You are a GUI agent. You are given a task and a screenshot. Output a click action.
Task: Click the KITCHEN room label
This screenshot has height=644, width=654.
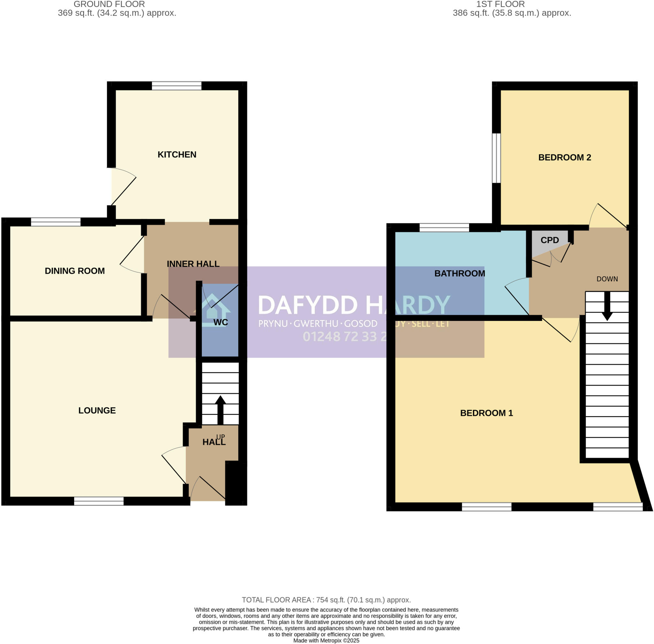(x=177, y=155)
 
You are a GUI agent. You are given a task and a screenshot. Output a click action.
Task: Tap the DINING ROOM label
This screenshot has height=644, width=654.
(x=75, y=271)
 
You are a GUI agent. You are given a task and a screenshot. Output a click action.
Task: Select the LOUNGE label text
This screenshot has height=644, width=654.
(x=97, y=410)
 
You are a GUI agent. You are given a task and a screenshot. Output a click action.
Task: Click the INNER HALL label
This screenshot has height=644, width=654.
(x=193, y=264)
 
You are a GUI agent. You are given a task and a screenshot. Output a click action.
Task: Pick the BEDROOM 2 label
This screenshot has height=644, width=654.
(x=564, y=157)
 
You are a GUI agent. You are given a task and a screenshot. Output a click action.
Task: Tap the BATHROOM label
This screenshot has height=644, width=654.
(x=460, y=273)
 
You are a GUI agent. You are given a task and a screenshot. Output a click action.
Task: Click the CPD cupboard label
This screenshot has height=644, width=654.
(x=550, y=240)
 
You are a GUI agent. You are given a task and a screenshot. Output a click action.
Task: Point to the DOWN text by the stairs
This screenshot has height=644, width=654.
(x=607, y=279)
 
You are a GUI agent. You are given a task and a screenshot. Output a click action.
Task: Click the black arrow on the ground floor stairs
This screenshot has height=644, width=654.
(x=220, y=409)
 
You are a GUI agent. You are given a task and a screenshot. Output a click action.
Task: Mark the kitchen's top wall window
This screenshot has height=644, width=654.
(x=177, y=86)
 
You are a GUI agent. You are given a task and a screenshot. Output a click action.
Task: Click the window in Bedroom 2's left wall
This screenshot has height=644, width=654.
(x=496, y=158)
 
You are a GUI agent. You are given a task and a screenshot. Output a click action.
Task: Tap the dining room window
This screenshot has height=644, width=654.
(x=56, y=222)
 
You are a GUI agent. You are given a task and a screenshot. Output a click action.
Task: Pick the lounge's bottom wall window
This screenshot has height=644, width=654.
(x=99, y=501)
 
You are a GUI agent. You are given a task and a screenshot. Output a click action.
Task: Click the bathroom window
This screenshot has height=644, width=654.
(x=444, y=228)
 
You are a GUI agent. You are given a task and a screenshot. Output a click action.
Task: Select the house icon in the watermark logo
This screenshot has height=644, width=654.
(x=212, y=310)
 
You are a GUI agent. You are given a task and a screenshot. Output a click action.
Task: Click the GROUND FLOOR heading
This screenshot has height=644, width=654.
(x=109, y=4)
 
